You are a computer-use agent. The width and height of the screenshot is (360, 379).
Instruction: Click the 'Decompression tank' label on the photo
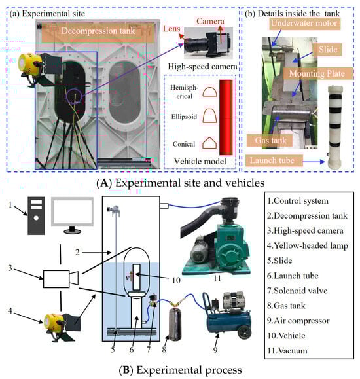pos(98,31)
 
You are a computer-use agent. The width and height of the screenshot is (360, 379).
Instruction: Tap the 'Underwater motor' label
pos(304,23)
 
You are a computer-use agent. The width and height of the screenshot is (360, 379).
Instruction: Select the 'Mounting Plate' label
pos(317,74)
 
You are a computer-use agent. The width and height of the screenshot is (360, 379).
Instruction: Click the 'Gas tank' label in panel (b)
pos(270,141)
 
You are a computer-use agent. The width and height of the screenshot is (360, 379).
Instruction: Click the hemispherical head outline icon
pos(209,92)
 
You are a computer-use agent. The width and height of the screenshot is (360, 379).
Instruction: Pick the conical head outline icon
pos(209,143)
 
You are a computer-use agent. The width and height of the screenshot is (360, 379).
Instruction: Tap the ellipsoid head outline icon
pos(209,116)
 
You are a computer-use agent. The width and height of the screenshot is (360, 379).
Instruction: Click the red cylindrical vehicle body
pos(226,117)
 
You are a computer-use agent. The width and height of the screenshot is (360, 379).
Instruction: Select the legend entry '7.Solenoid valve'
pos(297,291)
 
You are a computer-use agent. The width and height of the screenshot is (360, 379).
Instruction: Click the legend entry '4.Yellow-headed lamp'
pos(308,246)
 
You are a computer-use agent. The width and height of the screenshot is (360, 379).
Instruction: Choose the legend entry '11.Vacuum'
pos(287,350)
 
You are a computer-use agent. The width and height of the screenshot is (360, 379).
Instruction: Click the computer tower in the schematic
pos(36,216)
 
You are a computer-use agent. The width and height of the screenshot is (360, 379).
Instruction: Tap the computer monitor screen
pos(72,211)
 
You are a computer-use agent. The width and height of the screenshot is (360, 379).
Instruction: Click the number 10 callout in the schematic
pos(176,280)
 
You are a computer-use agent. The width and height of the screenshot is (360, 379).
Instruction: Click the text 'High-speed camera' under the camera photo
pos(202,67)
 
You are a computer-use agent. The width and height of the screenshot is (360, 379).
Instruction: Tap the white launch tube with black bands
pos(335,127)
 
